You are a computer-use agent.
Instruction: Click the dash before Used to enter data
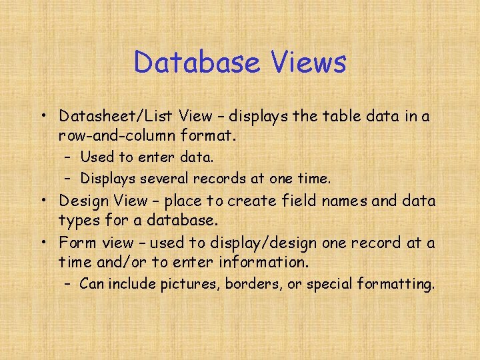pyautogui.click(x=68, y=158)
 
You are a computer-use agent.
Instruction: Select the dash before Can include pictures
pyautogui.click(x=68, y=285)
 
